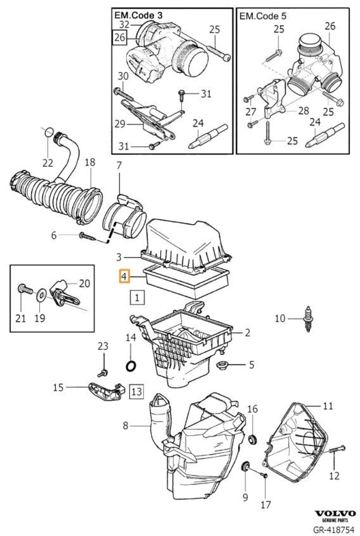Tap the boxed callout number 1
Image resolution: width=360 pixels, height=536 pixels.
click(137, 297)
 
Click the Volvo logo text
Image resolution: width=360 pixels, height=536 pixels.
click(335, 514)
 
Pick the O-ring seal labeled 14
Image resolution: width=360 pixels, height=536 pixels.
click(131, 366)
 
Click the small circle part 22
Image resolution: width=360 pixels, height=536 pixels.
click(48, 131)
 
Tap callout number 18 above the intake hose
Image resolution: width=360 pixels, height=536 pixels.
click(90, 162)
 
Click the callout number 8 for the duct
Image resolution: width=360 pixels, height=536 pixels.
click(126, 425)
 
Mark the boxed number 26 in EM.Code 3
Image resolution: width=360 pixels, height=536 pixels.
click(119, 38)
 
